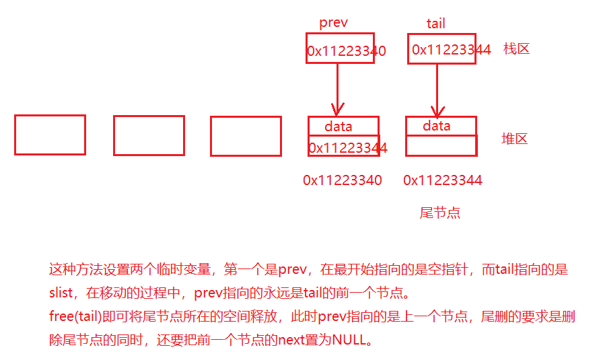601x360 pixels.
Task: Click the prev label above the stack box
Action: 333,22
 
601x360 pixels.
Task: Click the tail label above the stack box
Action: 435,24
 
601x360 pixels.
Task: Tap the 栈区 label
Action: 516,48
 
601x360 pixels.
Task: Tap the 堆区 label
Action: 515,139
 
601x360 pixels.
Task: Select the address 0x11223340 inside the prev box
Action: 347,51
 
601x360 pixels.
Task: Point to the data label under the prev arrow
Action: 338,127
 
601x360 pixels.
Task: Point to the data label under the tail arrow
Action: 437,126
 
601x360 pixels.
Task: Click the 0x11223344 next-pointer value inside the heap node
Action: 347,147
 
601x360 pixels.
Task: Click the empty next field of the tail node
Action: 441,146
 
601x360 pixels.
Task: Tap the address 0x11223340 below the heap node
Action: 343,180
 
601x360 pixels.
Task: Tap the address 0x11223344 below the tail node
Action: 443,180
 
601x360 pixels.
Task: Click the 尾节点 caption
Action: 439,213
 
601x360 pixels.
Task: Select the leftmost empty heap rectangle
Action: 50,135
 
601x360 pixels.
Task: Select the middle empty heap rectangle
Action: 149,135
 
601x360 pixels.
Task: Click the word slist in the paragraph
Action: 63,294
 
